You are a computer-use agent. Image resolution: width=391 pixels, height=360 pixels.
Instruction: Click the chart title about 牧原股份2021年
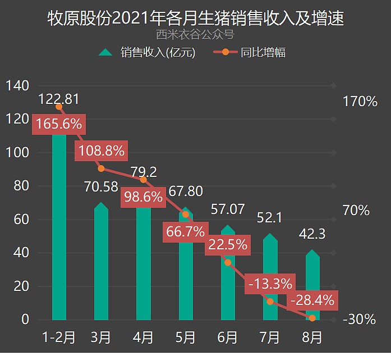(x=195, y=19)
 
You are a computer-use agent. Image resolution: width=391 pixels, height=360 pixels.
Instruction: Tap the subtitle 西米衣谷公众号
(x=195, y=35)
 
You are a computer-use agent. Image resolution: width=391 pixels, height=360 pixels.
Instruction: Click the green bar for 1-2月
(x=59, y=225)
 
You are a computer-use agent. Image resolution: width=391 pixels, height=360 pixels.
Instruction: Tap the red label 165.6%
(x=58, y=124)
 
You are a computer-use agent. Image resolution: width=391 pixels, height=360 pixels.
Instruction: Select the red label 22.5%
(x=227, y=245)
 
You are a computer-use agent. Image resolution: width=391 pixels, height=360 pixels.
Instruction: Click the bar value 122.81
(x=59, y=99)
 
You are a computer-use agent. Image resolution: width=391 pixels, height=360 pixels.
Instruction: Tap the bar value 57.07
(x=228, y=209)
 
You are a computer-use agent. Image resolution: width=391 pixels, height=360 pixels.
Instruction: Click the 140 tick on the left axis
(x=17, y=86)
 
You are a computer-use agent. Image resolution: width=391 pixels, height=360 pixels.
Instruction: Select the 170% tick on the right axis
(x=360, y=102)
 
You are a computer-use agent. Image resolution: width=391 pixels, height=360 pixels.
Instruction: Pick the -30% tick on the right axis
(x=360, y=320)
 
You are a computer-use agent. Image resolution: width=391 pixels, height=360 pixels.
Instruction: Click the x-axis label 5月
(x=186, y=338)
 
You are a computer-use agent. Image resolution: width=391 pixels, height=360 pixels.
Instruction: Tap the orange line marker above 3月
(x=101, y=168)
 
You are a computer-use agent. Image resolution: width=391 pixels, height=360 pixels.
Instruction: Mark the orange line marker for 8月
(x=312, y=318)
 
